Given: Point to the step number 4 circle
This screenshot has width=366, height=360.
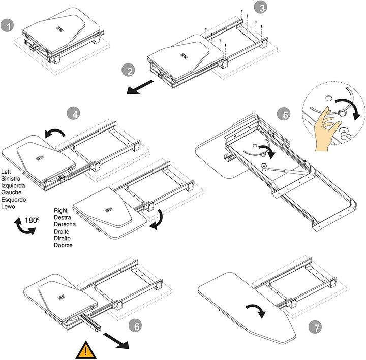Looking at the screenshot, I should [74, 113].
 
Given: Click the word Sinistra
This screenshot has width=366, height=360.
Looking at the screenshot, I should [12, 178].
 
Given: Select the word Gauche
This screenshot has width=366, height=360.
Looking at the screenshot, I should [11, 192].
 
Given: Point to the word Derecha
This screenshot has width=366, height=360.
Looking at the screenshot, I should [66, 224].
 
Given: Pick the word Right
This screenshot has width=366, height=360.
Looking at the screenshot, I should [62, 210].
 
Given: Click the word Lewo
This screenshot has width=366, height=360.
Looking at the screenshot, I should [9, 207].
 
